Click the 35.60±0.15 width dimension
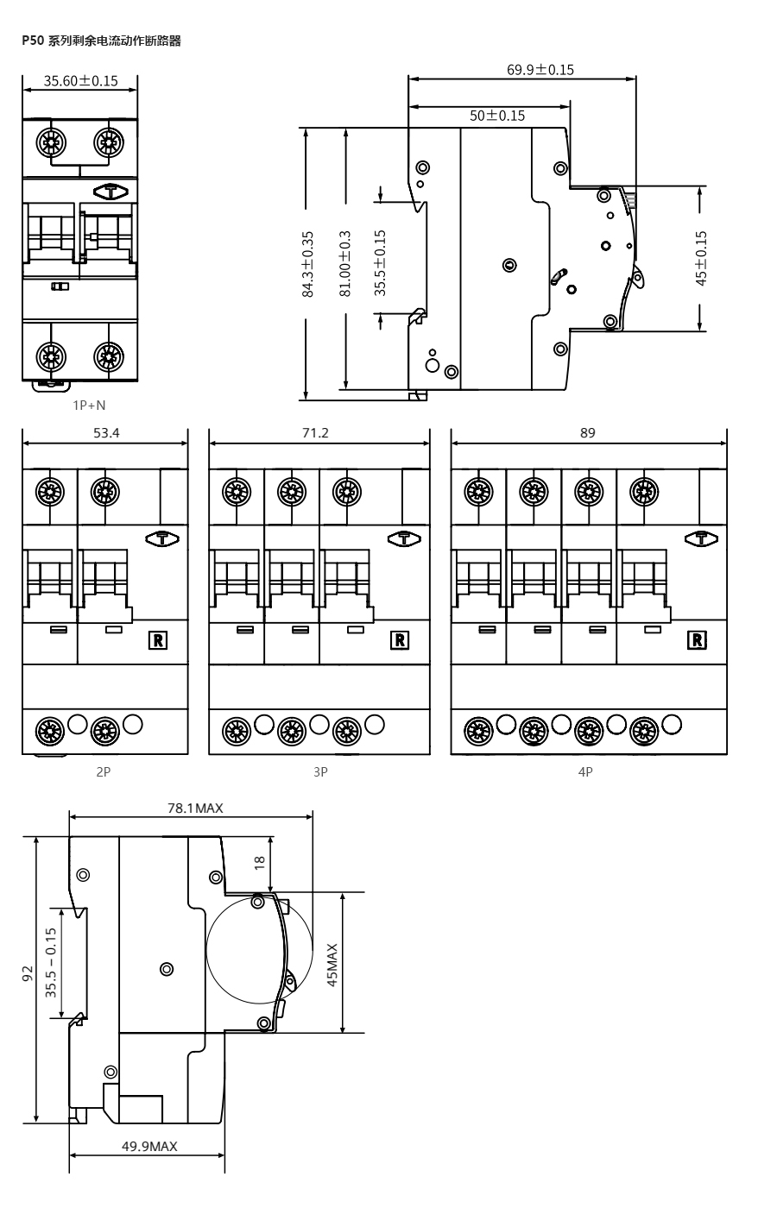click(x=81, y=81)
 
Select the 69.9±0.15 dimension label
click(x=540, y=70)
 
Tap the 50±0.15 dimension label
click(x=497, y=116)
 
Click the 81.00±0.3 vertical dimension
click(x=345, y=264)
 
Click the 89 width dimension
click(x=588, y=433)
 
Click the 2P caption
click(x=103, y=772)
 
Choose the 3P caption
click(x=320, y=772)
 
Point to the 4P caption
click(x=585, y=772)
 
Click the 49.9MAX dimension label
click(x=149, y=1147)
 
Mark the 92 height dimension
click(x=28, y=973)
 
